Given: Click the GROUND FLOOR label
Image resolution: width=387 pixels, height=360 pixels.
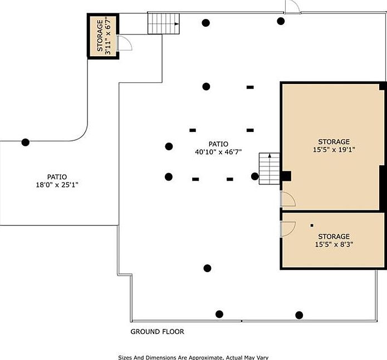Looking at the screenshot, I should tap(157, 332).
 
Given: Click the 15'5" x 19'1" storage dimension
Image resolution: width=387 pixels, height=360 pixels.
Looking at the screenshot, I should tap(334, 149).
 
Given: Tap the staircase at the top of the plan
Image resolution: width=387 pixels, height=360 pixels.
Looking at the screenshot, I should tap(163, 23).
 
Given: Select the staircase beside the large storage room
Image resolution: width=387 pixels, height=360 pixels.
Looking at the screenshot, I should tap(268, 169).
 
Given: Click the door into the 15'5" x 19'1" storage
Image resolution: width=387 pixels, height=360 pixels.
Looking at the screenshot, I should tap(287, 199).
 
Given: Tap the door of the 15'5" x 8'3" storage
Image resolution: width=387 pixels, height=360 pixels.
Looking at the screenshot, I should tap(287, 229).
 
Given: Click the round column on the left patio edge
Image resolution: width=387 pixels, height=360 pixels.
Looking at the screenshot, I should tap(25, 142).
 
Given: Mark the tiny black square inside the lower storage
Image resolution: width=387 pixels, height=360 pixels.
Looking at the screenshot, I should tap(312, 225).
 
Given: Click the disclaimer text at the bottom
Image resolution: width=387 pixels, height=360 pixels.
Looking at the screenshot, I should tap(196, 357).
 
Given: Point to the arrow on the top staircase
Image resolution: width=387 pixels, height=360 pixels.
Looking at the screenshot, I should tap(176, 24).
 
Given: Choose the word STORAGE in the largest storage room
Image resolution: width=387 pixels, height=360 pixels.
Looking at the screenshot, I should tap(334, 141).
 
